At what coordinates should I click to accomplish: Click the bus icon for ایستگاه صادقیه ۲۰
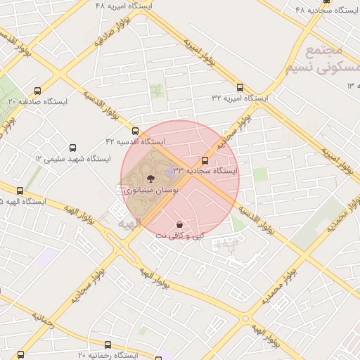(37, 91)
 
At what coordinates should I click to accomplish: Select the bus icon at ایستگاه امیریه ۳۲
(240, 88)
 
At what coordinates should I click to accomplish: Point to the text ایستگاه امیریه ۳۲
(240, 99)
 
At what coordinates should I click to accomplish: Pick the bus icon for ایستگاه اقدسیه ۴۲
(135, 131)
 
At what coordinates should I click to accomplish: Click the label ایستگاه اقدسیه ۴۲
(135, 142)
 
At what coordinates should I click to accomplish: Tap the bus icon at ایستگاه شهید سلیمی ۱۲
(73, 148)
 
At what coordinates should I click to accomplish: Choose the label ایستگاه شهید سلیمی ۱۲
(73, 159)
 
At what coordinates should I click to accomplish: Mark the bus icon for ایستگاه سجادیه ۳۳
(205, 160)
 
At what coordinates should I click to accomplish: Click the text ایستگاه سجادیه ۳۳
(205, 171)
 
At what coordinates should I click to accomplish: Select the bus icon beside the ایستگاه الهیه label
(20, 191)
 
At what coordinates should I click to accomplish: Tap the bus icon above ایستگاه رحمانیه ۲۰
(108, 345)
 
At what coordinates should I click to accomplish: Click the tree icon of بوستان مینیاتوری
(150, 179)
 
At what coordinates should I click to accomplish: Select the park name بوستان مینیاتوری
(150, 190)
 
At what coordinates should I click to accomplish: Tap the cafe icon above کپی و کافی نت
(180, 224)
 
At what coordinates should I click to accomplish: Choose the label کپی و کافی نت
(180, 236)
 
